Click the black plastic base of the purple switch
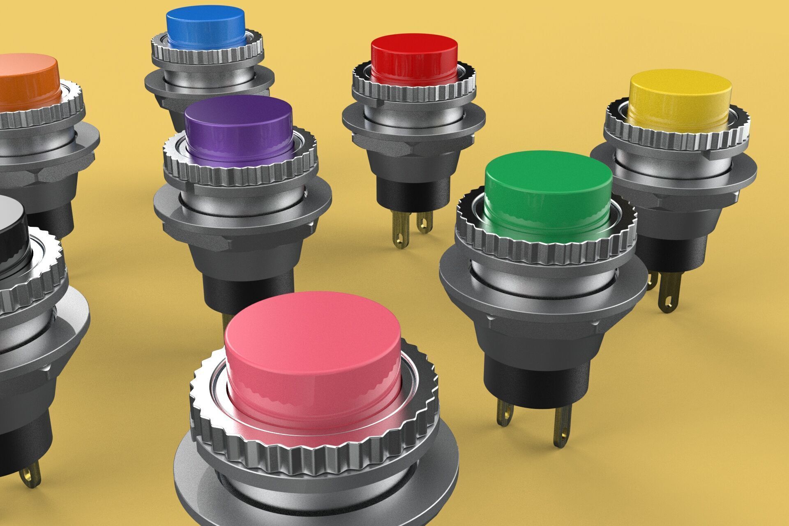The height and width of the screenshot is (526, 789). pyautogui.click(x=247, y=288)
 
